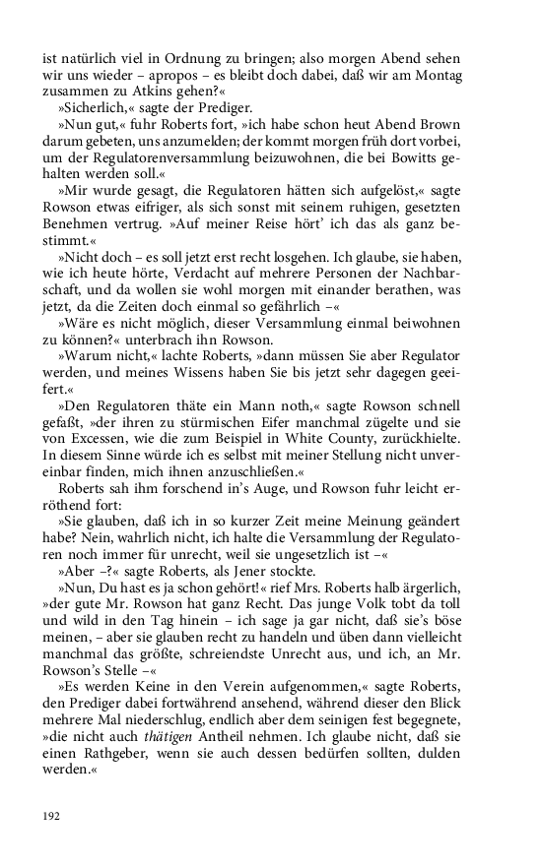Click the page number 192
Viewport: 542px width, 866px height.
(x=52, y=815)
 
